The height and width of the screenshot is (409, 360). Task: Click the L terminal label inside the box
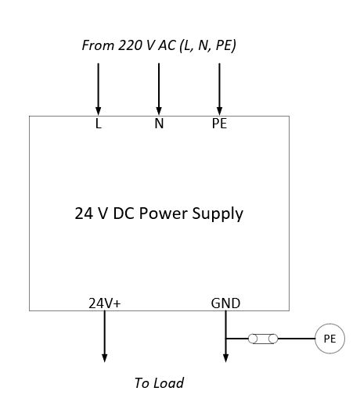coord(99,124)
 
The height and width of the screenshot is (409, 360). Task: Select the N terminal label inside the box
coord(159,124)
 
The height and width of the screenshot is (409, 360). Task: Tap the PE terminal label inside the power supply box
coord(219,124)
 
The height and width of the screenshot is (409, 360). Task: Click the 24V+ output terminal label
coord(104,303)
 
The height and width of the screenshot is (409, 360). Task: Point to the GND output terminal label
coord(225,303)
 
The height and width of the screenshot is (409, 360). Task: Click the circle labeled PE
coord(329,339)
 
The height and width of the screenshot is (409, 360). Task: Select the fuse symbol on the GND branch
coord(261,339)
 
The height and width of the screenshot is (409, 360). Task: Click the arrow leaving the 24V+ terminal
coord(104,336)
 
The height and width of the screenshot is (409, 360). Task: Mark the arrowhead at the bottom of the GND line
coord(225,357)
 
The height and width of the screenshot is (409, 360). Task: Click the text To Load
coord(159,383)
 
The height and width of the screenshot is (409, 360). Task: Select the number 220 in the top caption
coord(129,45)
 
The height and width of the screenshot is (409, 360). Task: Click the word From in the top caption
coord(97,45)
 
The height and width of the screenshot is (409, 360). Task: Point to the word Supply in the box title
coord(217,213)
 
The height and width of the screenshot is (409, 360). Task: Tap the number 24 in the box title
coord(83,213)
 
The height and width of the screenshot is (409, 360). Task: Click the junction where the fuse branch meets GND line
coord(225,339)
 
